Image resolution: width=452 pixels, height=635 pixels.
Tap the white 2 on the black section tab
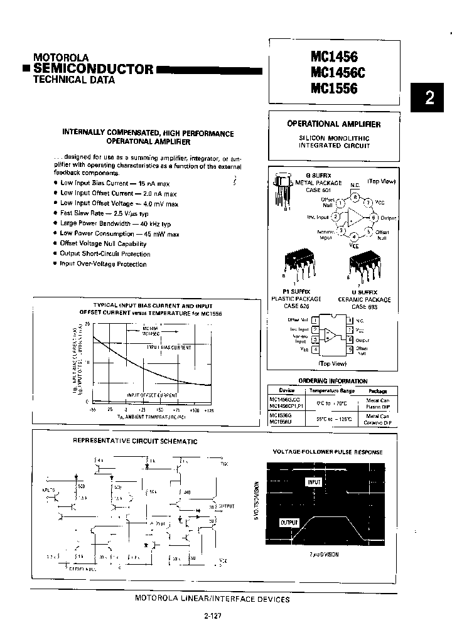coord(429,98)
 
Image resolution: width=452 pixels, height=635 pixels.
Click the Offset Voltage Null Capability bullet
coord(103,243)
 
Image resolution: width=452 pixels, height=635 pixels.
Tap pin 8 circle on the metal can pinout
coord(355,198)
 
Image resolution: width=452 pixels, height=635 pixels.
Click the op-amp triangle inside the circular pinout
coord(355,217)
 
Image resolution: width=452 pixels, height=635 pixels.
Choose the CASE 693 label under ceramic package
coord(367,307)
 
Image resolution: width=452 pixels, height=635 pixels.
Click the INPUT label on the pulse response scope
coord(314,482)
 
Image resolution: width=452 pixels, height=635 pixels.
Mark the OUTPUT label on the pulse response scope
coord(289,522)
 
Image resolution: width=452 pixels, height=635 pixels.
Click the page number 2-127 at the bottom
coord(213,616)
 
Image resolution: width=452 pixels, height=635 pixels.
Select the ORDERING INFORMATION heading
coord(333,381)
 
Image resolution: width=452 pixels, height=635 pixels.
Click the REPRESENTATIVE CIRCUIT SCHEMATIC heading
coord(135,441)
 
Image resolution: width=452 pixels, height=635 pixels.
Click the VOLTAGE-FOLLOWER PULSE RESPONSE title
coord(327,452)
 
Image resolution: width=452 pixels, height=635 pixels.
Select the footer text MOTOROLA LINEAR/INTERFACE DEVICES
coord(212,599)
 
